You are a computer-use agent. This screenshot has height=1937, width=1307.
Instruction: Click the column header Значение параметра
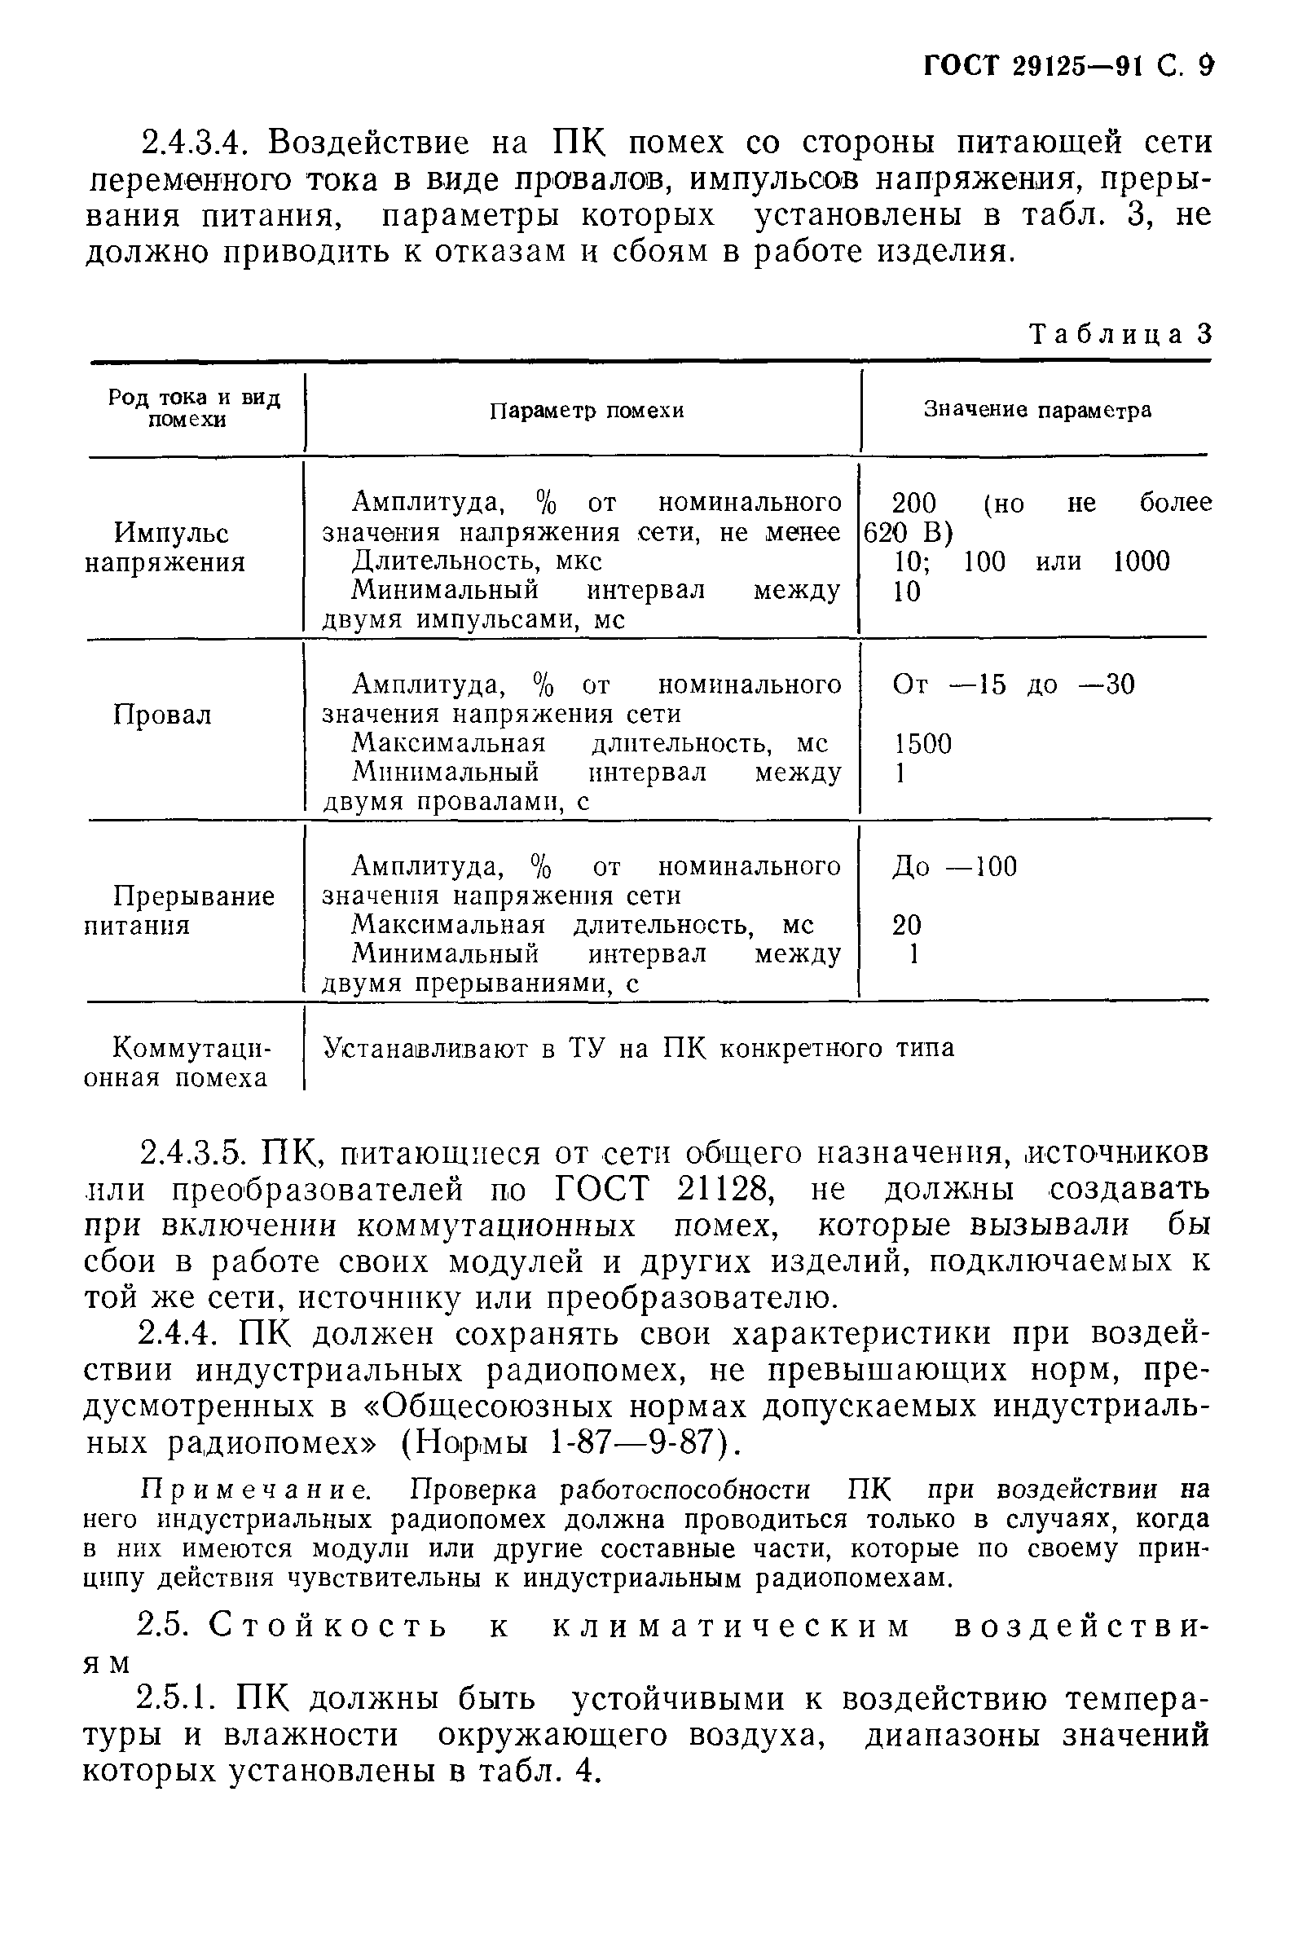(x=1037, y=410)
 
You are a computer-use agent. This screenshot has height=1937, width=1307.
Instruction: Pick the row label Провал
(x=162, y=715)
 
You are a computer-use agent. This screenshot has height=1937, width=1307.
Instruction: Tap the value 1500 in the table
(x=922, y=743)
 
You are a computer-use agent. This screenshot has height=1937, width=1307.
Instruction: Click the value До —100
(x=954, y=867)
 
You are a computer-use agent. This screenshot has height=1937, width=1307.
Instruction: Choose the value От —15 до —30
(x=1013, y=685)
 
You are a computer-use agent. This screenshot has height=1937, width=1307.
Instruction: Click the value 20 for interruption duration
(x=907, y=924)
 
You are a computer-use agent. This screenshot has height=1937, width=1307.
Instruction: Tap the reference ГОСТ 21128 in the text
(x=664, y=1190)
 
